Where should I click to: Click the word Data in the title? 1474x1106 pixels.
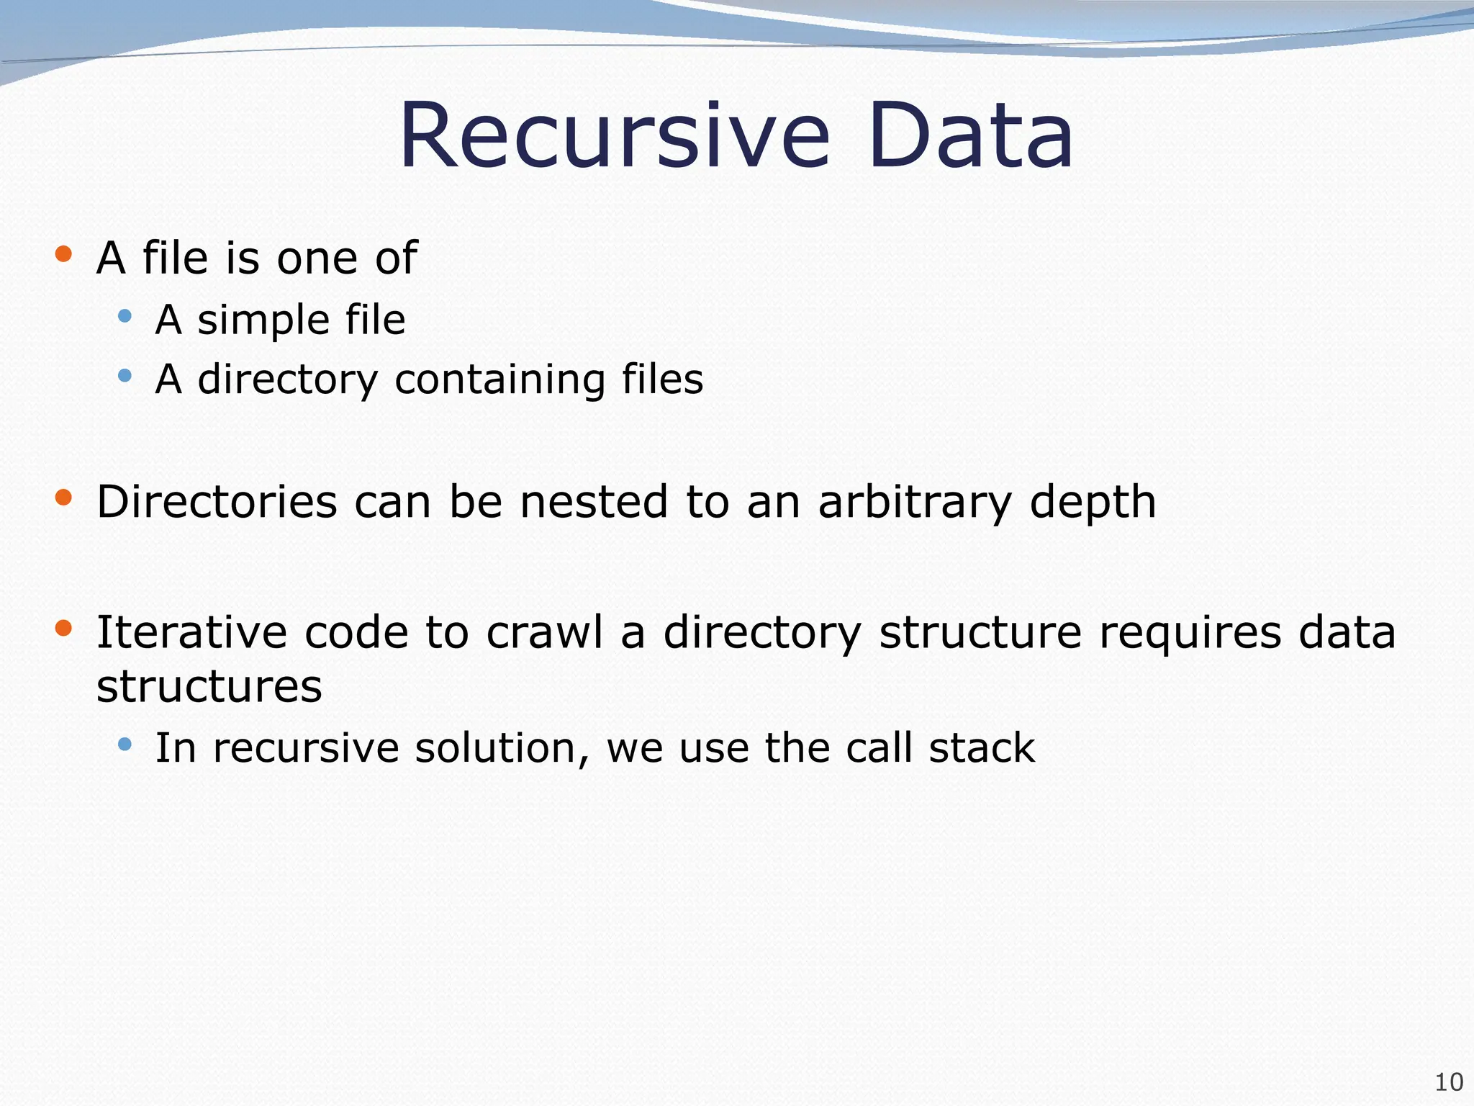pyautogui.click(x=971, y=137)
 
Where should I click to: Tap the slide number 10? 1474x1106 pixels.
pyautogui.click(x=1449, y=1082)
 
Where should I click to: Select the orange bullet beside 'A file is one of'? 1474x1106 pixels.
pyautogui.click(x=63, y=253)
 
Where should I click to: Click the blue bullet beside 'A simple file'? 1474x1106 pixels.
pyautogui.click(x=125, y=315)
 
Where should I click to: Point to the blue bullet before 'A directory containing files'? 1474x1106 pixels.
pyautogui.click(x=125, y=375)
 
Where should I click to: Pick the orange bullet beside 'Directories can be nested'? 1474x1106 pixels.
pyautogui.click(x=63, y=497)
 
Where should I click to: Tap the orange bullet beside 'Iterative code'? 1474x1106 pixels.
pyautogui.click(x=63, y=628)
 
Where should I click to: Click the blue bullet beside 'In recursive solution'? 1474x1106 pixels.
pyautogui.click(x=125, y=744)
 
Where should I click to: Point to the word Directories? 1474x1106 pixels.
pyautogui.click(x=217, y=502)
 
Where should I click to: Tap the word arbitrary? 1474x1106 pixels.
pyautogui.click(x=915, y=503)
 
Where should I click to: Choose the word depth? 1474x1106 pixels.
pyautogui.click(x=1093, y=503)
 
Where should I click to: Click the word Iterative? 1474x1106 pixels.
pyautogui.click(x=191, y=633)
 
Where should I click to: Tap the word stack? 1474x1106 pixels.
pyautogui.click(x=982, y=748)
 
